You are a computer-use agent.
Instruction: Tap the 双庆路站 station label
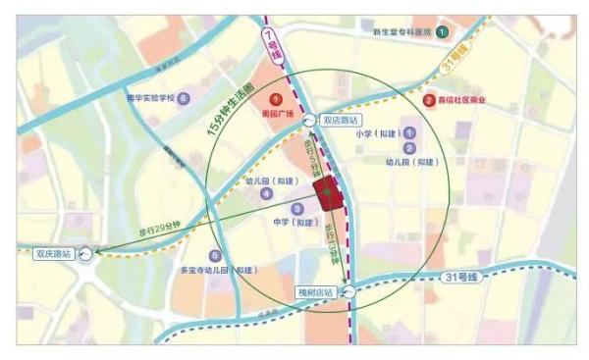click(53, 253)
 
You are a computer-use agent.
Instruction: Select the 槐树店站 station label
click(315, 292)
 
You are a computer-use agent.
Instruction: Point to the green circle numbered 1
click(443, 31)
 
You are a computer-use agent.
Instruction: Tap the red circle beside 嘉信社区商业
click(428, 100)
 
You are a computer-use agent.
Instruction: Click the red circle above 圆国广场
click(277, 98)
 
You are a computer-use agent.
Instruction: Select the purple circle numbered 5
click(215, 256)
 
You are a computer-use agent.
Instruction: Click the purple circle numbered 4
click(265, 194)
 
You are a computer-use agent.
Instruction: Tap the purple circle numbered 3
click(296, 209)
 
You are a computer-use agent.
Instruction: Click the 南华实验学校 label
click(149, 98)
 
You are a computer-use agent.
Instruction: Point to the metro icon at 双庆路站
click(86, 253)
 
